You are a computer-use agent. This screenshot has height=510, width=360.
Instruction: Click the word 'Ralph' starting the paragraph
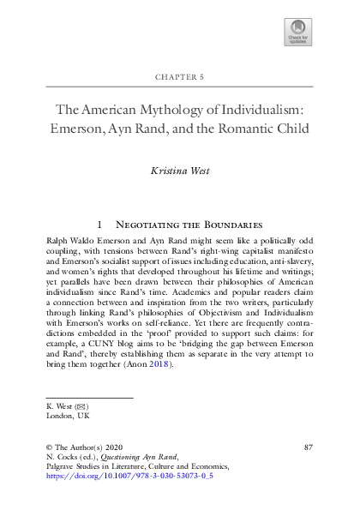pos(59,243)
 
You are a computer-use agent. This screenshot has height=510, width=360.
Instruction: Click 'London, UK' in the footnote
pos(67,415)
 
